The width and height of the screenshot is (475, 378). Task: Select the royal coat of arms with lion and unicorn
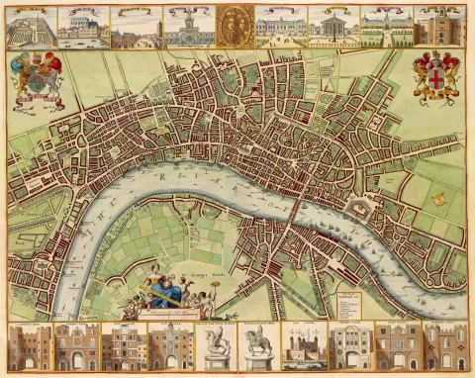pyautogui.click(x=36, y=78)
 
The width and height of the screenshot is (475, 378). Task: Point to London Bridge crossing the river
pyautogui.click(x=295, y=204)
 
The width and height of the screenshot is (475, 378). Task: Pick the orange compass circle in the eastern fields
pyautogui.click(x=438, y=199)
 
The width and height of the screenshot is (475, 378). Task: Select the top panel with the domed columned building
pyautogui.click(x=333, y=28)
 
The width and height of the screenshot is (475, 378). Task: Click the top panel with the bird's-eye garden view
pyautogui.click(x=31, y=28)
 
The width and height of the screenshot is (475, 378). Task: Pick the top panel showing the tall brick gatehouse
pyautogui.click(x=437, y=28)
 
